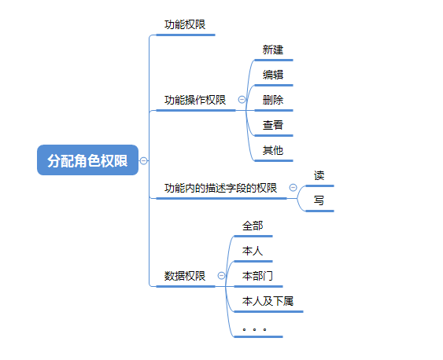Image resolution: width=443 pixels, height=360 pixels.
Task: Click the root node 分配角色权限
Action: pyautogui.click(x=87, y=160)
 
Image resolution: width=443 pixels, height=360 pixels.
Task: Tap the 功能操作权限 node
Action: pyautogui.click(x=194, y=100)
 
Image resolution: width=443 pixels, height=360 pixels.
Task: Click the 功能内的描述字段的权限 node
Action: pyautogui.click(x=220, y=188)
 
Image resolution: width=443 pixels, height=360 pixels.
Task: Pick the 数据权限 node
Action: pyautogui.click(x=185, y=276)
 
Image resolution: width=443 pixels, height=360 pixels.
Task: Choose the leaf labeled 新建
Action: pyautogui.click(x=273, y=50)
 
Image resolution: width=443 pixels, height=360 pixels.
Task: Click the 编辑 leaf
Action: pyautogui.click(x=273, y=75)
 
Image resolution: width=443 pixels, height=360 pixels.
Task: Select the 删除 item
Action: pyautogui.click(x=273, y=100)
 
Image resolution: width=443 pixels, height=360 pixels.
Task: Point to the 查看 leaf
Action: pyautogui.click(x=273, y=125)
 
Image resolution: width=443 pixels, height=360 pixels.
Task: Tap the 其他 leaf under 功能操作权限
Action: pyautogui.click(x=273, y=150)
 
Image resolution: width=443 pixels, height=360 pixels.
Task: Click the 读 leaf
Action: pyautogui.click(x=319, y=175)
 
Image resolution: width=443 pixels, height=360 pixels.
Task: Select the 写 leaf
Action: pyautogui.click(x=319, y=200)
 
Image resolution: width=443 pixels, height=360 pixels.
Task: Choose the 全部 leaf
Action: pyautogui.click(x=253, y=226)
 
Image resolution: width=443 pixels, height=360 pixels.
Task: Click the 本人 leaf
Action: pyautogui.click(x=253, y=251)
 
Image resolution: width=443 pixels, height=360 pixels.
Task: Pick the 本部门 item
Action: pyautogui.click(x=257, y=276)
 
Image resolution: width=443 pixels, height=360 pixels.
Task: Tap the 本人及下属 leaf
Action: pyautogui.click(x=268, y=301)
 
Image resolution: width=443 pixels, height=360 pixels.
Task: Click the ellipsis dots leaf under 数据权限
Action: pyautogui.click(x=254, y=328)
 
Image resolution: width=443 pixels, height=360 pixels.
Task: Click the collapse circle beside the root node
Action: pyautogui.click(x=144, y=160)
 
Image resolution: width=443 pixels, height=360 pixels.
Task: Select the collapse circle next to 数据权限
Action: pyautogui.click(x=221, y=276)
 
